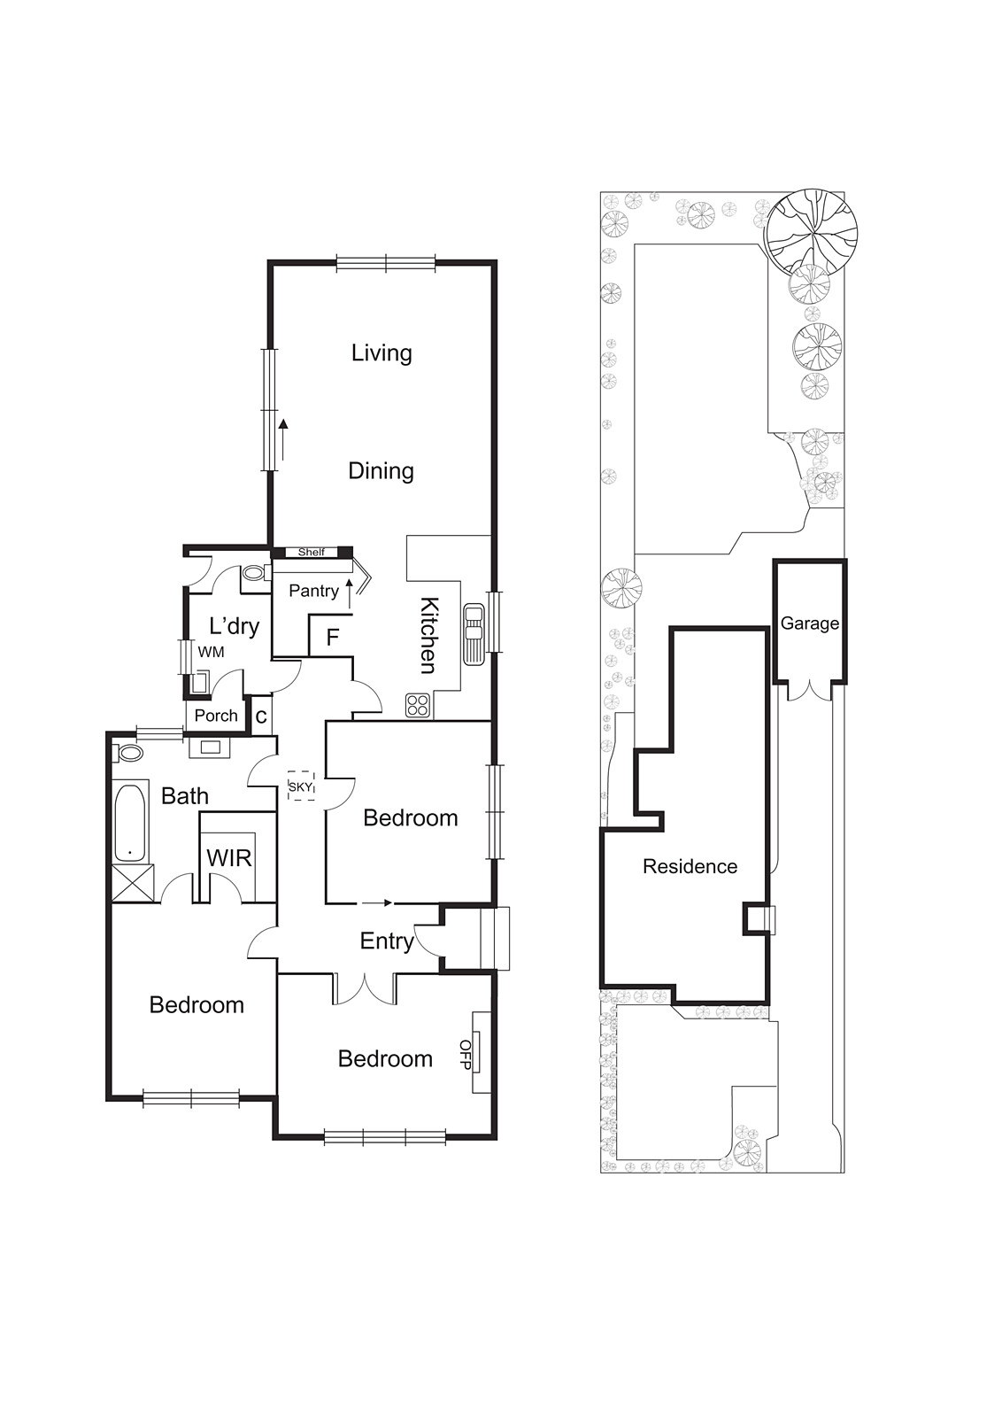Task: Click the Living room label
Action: (382, 352)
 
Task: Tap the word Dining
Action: (381, 470)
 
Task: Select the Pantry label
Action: (313, 591)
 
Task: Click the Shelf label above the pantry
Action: (311, 553)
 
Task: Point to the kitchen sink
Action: (474, 633)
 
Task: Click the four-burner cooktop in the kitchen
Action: (418, 705)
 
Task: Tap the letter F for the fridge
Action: (333, 637)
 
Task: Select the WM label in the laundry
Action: (211, 652)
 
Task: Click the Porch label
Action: (216, 716)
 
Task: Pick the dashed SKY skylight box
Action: (301, 786)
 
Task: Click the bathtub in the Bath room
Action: (131, 822)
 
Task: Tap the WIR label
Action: (229, 857)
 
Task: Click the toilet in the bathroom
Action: (129, 754)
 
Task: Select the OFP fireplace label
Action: (466, 1054)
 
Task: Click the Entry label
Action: (387, 941)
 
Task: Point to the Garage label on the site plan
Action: (809, 623)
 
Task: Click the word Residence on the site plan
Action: (690, 866)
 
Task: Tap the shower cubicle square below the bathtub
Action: (134, 883)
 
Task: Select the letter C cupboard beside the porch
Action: (261, 717)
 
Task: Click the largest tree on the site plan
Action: (812, 230)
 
